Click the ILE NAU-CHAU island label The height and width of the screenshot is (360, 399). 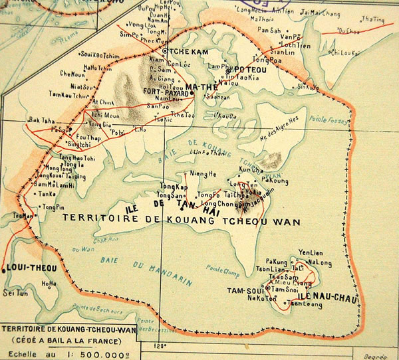click(x=327, y=297)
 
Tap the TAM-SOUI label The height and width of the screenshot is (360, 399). click(x=261, y=290)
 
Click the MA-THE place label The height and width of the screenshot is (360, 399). click(x=201, y=87)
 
